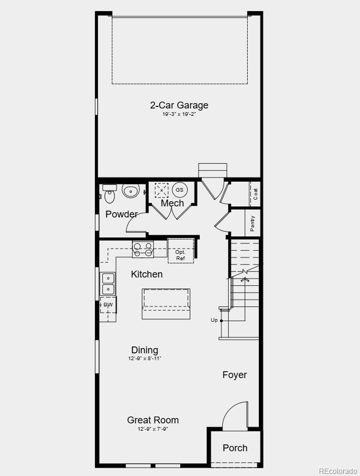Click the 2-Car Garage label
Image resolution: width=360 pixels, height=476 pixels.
click(179, 105)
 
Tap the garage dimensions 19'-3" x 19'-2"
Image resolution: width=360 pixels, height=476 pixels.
click(179, 114)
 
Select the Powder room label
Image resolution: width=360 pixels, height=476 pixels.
click(121, 214)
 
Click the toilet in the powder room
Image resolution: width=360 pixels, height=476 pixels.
click(131, 190)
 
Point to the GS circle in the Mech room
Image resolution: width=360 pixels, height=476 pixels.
click(180, 190)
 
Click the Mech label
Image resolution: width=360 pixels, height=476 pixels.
click(172, 203)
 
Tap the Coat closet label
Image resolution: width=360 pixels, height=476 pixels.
click(255, 194)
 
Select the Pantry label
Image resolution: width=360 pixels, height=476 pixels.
click(252, 223)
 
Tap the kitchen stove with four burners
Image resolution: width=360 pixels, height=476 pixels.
click(143, 250)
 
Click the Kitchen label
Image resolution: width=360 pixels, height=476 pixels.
click(147, 274)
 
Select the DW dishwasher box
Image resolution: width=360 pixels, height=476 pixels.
click(108, 305)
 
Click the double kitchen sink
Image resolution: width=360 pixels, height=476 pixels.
click(108, 284)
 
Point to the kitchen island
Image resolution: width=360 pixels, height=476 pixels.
click(166, 303)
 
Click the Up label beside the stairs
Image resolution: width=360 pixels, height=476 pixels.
click(214, 320)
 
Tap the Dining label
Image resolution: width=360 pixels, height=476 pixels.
click(144, 350)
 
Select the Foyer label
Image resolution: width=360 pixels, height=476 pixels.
click(235, 375)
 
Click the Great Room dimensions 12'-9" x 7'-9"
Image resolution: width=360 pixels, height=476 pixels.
click(153, 429)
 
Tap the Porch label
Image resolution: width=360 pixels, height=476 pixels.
click(235, 448)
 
